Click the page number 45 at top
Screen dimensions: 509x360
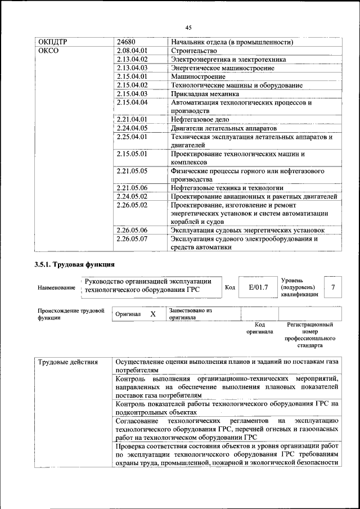click(188, 28)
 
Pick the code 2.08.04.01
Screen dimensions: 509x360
click(132, 51)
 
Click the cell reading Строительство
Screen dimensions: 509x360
click(193, 51)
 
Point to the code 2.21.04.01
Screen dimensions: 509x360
click(132, 119)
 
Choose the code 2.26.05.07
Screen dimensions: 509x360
click(132, 238)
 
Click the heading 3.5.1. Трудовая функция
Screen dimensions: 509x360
click(75, 264)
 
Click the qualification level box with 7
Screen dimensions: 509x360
click(333, 287)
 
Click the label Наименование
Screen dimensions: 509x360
click(56, 288)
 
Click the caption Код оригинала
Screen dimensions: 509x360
click(259, 328)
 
